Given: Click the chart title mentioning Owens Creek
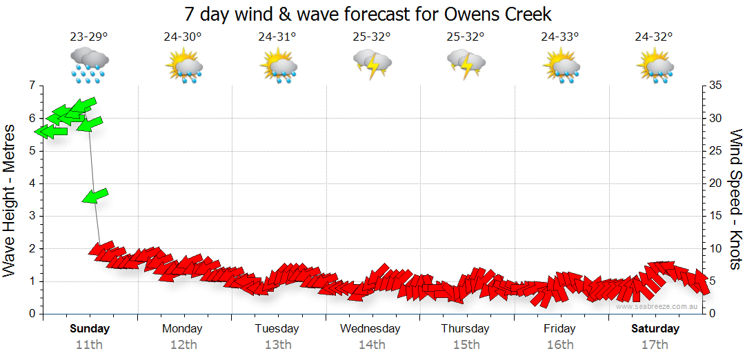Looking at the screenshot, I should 368,14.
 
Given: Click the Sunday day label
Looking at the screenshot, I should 90,328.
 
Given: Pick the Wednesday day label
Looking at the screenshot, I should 370,328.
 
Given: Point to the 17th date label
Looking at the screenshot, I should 655,345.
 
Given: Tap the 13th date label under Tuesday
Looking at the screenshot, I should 277,345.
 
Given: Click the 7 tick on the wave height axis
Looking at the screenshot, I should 31,86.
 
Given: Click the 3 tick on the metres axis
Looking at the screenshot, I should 31,216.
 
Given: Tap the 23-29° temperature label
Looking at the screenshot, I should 89,37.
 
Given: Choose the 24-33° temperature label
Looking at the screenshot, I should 559,37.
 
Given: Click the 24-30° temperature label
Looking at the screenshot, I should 183,37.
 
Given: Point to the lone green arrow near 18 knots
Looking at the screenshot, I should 95,196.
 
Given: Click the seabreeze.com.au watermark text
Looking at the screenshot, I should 657,306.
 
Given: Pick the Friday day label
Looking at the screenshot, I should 559,328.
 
